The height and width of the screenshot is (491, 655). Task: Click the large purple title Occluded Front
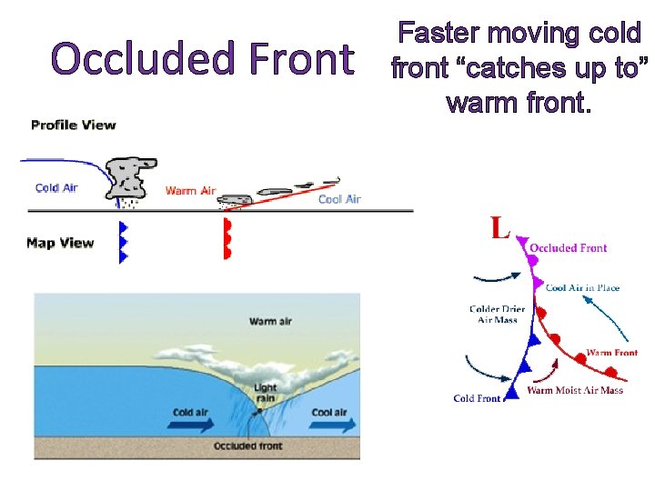point(202,59)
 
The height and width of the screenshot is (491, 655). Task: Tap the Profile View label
point(73,125)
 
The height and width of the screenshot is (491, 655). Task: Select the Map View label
point(60,243)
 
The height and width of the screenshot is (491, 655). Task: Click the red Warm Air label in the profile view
point(190,191)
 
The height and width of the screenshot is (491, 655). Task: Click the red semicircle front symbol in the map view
point(227,239)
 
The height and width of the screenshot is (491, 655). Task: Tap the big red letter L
point(499,227)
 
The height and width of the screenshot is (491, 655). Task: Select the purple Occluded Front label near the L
point(569,247)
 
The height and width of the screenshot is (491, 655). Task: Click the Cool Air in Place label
point(582,288)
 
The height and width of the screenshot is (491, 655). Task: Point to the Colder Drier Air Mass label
point(497,314)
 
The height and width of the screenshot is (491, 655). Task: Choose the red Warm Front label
point(611,353)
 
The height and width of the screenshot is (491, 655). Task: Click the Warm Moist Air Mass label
point(576,390)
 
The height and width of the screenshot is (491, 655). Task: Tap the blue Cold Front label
point(477,398)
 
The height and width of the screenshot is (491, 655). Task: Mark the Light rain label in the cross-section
point(265,393)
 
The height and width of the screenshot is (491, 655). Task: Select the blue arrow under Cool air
point(327,424)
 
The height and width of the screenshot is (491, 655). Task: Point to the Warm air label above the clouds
point(270,321)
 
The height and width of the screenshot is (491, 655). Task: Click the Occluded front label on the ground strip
point(248,446)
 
